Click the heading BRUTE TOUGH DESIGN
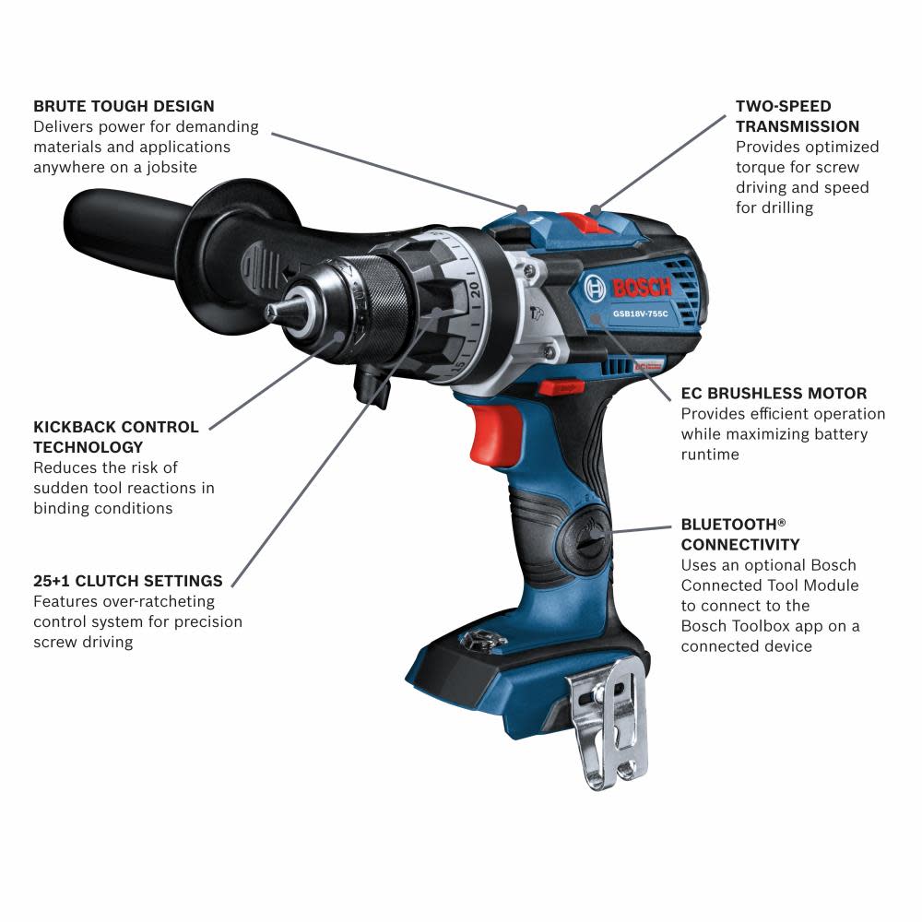pyautogui.click(x=124, y=106)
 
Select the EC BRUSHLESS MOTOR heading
pyautogui.click(x=774, y=394)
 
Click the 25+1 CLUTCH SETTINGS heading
pyautogui.click(x=128, y=581)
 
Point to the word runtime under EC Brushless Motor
pyautogui.click(x=710, y=455)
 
